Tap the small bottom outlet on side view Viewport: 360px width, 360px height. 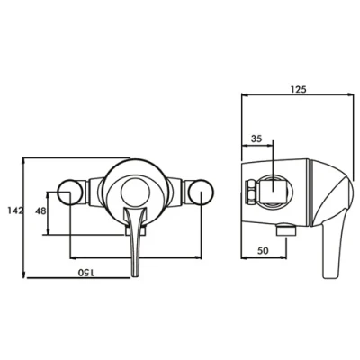pyautogui.click(x=284, y=233)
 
